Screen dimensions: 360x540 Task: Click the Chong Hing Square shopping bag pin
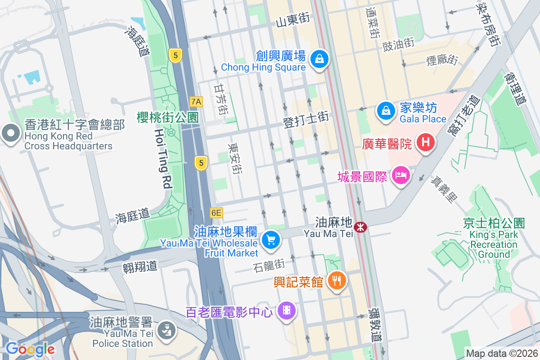click(319, 59)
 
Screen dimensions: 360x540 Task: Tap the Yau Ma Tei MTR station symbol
click(360, 227)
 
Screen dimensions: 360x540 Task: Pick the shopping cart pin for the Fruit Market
click(270, 240)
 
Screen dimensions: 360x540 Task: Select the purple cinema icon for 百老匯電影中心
click(286, 311)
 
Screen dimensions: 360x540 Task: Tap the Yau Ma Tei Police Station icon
click(166, 329)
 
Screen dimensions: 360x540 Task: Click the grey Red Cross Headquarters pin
click(9, 134)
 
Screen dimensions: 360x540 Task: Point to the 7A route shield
click(196, 101)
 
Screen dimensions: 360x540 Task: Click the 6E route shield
click(216, 212)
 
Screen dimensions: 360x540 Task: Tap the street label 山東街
click(292, 20)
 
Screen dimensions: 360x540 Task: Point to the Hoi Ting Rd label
click(163, 157)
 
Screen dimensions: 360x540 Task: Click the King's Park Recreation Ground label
click(494, 244)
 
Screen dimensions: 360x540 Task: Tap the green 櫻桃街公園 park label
click(167, 117)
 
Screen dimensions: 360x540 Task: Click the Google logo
click(30, 349)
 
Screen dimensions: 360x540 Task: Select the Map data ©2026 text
click(501, 353)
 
